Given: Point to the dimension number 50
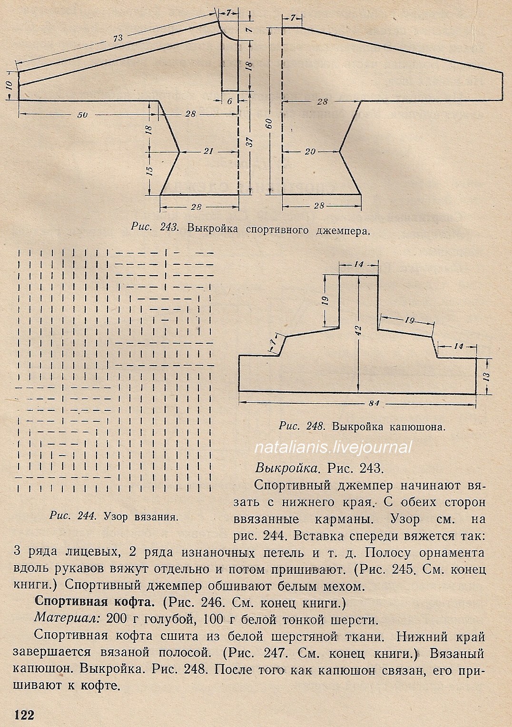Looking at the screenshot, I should [82, 115].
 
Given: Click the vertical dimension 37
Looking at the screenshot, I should [251, 141].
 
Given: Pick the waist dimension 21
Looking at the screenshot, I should [208, 151].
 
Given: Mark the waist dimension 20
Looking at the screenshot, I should [310, 152].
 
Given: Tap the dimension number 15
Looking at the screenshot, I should [149, 170].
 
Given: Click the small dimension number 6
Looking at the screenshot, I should [230, 101].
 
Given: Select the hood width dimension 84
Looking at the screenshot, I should [374, 403].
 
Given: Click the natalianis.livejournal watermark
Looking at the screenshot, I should [333, 447].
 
